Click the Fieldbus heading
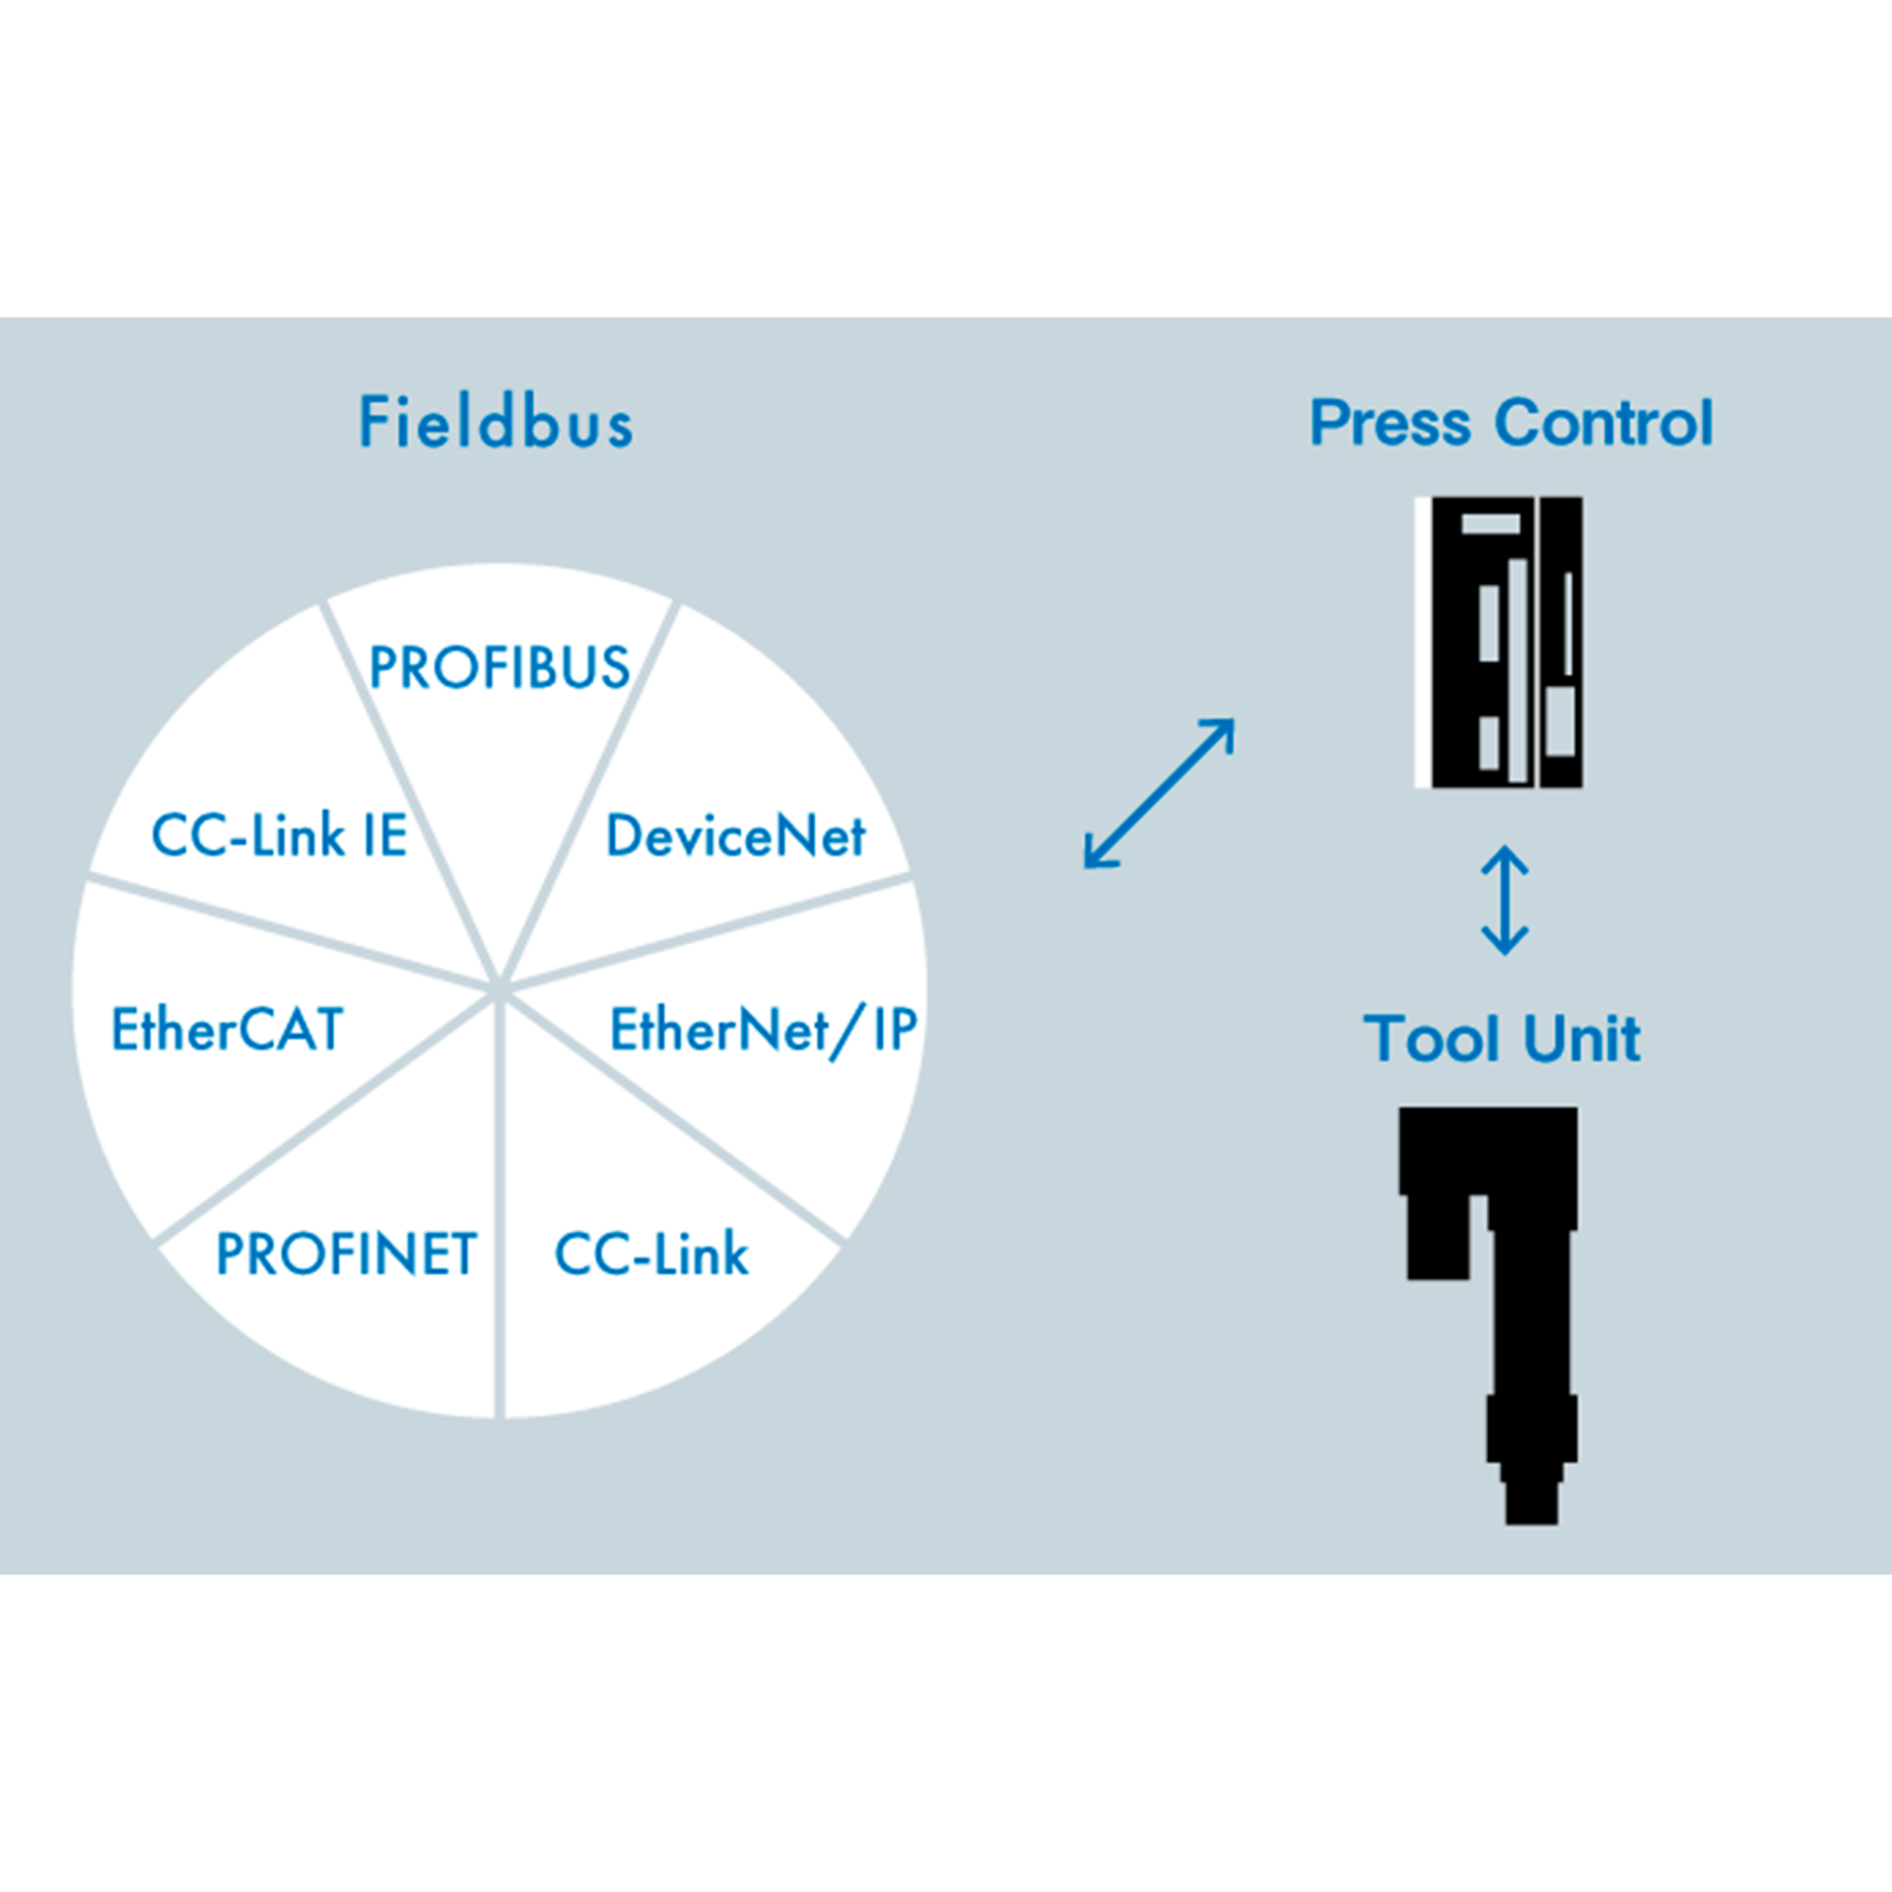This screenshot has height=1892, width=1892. pyautogui.click(x=496, y=423)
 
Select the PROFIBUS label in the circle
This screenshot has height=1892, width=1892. pyautogui.click(x=499, y=667)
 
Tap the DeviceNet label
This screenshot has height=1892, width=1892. pyautogui.click(x=735, y=837)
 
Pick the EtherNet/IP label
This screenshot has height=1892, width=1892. pyautogui.click(x=763, y=1030)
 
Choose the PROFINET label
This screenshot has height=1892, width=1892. pyautogui.click(x=346, y=1254)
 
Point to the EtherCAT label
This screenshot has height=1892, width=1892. pyautogui.click(x=227, y=1030)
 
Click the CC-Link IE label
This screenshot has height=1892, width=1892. pyautogui.click(x=279, y=837)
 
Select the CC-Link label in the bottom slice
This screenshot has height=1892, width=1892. pyautogui.click(x=651, y=1254)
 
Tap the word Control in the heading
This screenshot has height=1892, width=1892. pyautogui.click(x=1604, y=423)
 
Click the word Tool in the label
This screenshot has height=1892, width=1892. pyautogui.click(x=1432, y=1039)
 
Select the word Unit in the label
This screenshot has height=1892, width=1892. pyautogui.click(x=1582, y=1039)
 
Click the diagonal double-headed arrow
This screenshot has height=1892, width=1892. pyautogui.click(x=1159, y=794)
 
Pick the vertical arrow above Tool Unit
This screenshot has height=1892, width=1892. pyautogui.click(x=1505, y=901)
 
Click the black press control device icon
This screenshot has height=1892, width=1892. pyautogui.click(x=1499, y=642)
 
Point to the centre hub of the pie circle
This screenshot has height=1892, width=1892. pyautogui.click(x=500, y=987)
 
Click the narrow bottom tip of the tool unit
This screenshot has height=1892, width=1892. pyautogui.click(x=1531, y=1504)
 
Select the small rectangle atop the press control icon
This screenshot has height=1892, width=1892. pyautogui.click(x=1490, y=523)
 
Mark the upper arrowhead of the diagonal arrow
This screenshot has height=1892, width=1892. pyautogui.click(x=1222, y=731)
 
